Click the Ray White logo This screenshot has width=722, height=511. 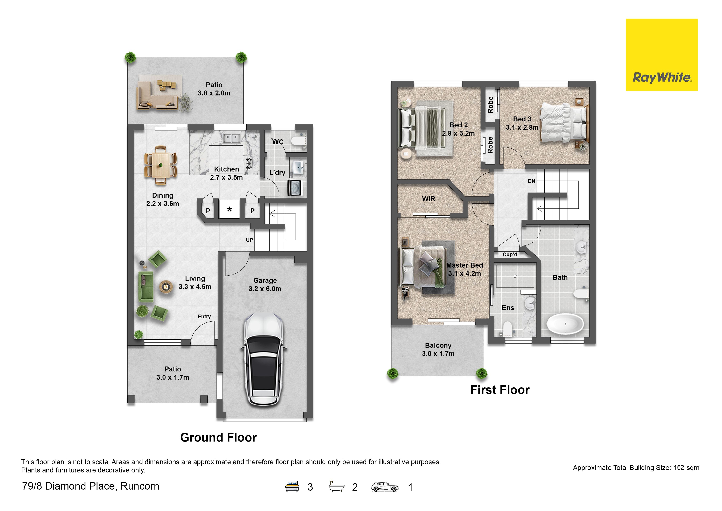click(x=662, y=55)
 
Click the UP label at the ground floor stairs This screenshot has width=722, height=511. click(x=249, y=240)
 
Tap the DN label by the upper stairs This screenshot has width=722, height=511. click(x=531, y=181)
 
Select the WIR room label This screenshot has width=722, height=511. click(x=429, y=199)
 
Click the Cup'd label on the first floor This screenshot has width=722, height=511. click(x=510, y=254)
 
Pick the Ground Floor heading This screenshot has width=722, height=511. click(x=219, y=437)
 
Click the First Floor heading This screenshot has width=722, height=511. click(x=500, y=390)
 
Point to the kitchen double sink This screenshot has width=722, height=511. click(x=232, y=138)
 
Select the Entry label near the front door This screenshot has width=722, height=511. click(x=204, y=316)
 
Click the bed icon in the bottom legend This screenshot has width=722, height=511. click(x=292, y=486)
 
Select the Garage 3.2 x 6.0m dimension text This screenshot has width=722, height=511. click(x=265, y=285)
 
